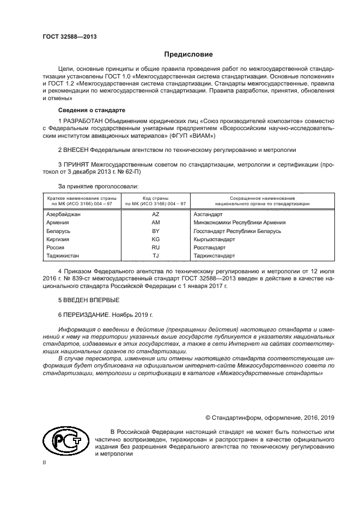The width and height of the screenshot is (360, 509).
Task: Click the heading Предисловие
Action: coord(188,54)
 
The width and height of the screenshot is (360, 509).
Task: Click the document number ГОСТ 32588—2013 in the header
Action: coord(65,36)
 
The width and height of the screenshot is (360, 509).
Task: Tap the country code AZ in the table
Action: coord(155,214)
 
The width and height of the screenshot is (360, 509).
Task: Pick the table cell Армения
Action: coord(58,223)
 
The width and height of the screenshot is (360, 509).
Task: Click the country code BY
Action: coord(155,231)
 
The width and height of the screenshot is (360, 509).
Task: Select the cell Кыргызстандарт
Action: coord(214,239)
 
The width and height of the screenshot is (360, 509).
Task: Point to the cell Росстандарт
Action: coord(210,247)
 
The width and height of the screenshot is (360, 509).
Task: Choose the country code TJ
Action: coord(155,255)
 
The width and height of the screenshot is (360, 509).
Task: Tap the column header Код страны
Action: coord(155,199)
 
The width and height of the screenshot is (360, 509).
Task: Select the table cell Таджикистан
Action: coord(63,255)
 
